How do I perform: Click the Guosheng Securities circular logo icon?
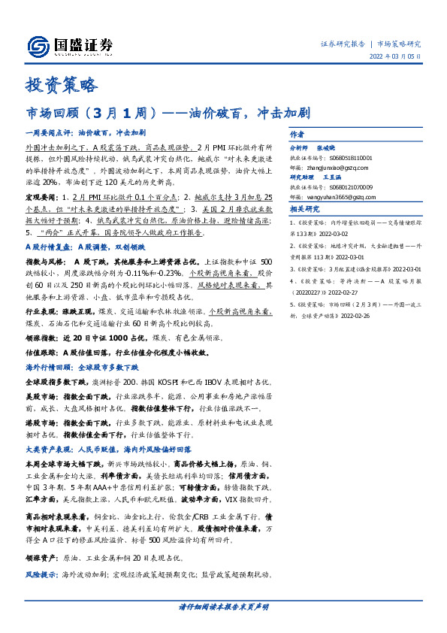[38, 45]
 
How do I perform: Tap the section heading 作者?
[296, 133]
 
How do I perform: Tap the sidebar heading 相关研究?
[304, 209]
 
